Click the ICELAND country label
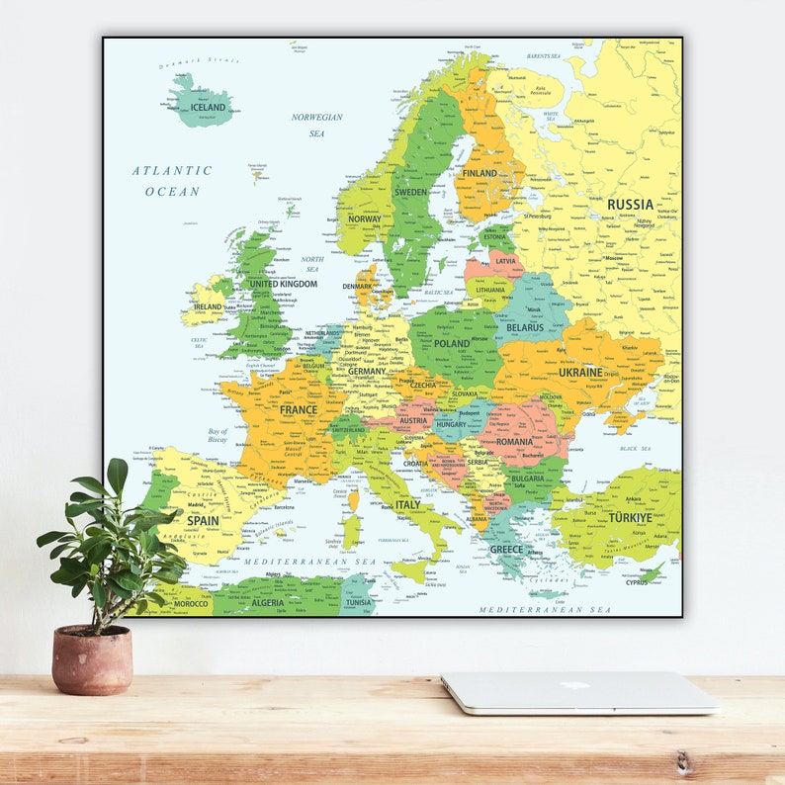coord(208,108)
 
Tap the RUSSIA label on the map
coord(630,205)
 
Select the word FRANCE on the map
coord(298,409)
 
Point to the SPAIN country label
coord(203,520)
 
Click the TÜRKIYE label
coord(630,517)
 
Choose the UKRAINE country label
coord(580,373)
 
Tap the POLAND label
coord(452,344)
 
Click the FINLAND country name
coord(480,173)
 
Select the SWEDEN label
coord(410,192)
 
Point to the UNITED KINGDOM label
coord(283,284)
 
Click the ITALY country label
coord(407,504)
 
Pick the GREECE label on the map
coord(506,550)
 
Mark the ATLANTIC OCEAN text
coord(172,181)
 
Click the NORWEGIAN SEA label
coord(316,125)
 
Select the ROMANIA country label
coord(514,442)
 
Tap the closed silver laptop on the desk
coord(579,693)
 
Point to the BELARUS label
coord(525,327)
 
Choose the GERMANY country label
coord(366,372)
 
